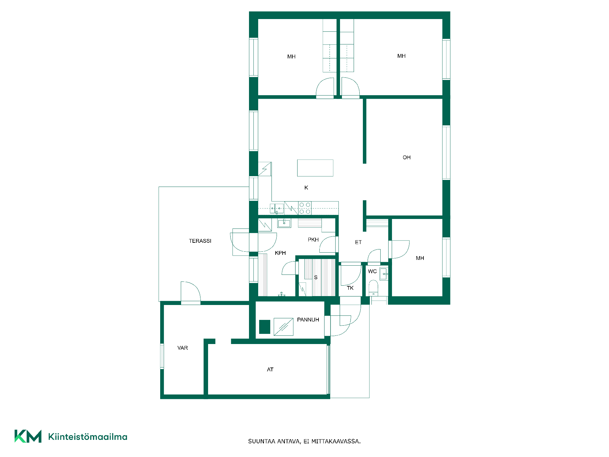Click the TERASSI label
(x=200, y=241)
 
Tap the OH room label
(x=406, y=157)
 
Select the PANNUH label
(x=308, y=320)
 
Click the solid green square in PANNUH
(x=265, y=327)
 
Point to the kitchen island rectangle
(x=315, y=168)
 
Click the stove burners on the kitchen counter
(x=305, y=208)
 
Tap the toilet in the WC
(x=373, y=288)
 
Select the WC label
(x=372, y=271)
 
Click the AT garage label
(x=270, y=369)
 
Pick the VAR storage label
(x=182, y=348)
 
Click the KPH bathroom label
(x=280, y=253)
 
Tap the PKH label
(x=313, y=240)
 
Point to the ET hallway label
(x=358, y=242)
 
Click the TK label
(x=350, y=288)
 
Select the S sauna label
(x=316, y=277)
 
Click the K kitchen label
(x=306, y=188)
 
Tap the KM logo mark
(x=28, y=436)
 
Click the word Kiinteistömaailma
(x=88, y=437)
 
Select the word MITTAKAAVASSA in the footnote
(x=336, y=441)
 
